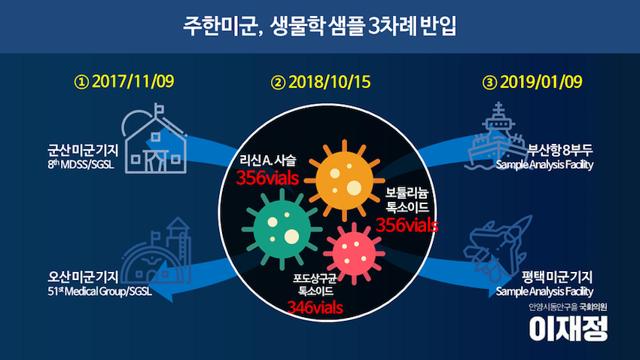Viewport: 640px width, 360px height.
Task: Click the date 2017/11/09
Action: tap(133, 81)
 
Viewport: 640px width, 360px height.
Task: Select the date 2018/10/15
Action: tap(329, 82)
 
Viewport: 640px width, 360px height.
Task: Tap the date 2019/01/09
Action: tap(541, 82)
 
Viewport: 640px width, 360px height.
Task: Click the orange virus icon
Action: tap(345, 180)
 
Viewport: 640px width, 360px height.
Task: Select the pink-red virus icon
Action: tap(354, 254)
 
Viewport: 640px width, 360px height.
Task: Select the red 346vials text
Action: tap(315, 308)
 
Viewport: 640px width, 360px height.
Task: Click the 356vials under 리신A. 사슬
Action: tap(267, 178)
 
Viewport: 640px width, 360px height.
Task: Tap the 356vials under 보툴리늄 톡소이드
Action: tap(407, 225)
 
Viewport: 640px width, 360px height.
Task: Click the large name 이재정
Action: tap(568, 328)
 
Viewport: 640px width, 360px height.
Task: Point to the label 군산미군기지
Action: tap(83, 150)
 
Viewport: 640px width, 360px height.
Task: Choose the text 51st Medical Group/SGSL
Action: tap(99, 291)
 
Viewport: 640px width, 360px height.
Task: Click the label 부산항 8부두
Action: tap(560, 150)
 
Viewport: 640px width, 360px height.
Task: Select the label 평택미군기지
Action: tap(557, 277)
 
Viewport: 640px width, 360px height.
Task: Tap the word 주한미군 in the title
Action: tap(218, 26)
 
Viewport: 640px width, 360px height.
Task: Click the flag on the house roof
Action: tap(158, 109)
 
